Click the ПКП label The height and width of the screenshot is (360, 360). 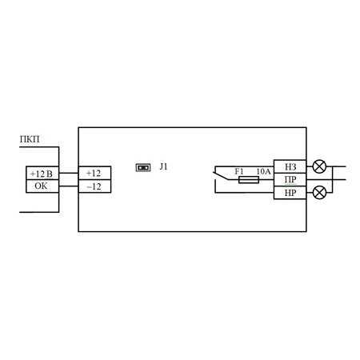[x=30, y=139]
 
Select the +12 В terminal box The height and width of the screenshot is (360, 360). [x=42, y=173]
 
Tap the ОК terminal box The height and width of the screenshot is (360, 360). [x=42, y=186]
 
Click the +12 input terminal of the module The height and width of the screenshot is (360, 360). [x=94, y=173]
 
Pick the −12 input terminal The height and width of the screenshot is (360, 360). [x=94, y=186]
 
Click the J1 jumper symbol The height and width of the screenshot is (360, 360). [x=143, y=167]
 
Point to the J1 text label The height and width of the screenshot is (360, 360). [x=163, y=166]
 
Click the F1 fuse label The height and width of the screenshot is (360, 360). [x=239, y=171]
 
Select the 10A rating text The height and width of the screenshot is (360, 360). [x=263, y=171]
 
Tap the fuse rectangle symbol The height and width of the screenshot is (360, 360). [x=249, y=179]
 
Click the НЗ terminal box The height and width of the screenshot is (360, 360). [x=290, y=166]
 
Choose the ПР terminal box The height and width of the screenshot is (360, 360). [x=290, y=179]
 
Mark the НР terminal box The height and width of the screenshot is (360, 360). [x=290, y=193]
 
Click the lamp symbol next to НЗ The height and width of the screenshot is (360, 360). [x=319, y=166]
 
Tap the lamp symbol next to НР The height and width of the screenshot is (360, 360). [x=319, y=193]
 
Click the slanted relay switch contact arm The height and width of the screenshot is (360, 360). [x=221, y=176]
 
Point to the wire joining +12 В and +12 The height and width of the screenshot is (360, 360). [x=69, y=173]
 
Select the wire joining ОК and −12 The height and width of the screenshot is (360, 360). [x=69, y=186]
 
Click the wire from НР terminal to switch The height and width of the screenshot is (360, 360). [x=244, y=192]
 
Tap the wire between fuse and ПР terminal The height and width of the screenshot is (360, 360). [x=266, y=179]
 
